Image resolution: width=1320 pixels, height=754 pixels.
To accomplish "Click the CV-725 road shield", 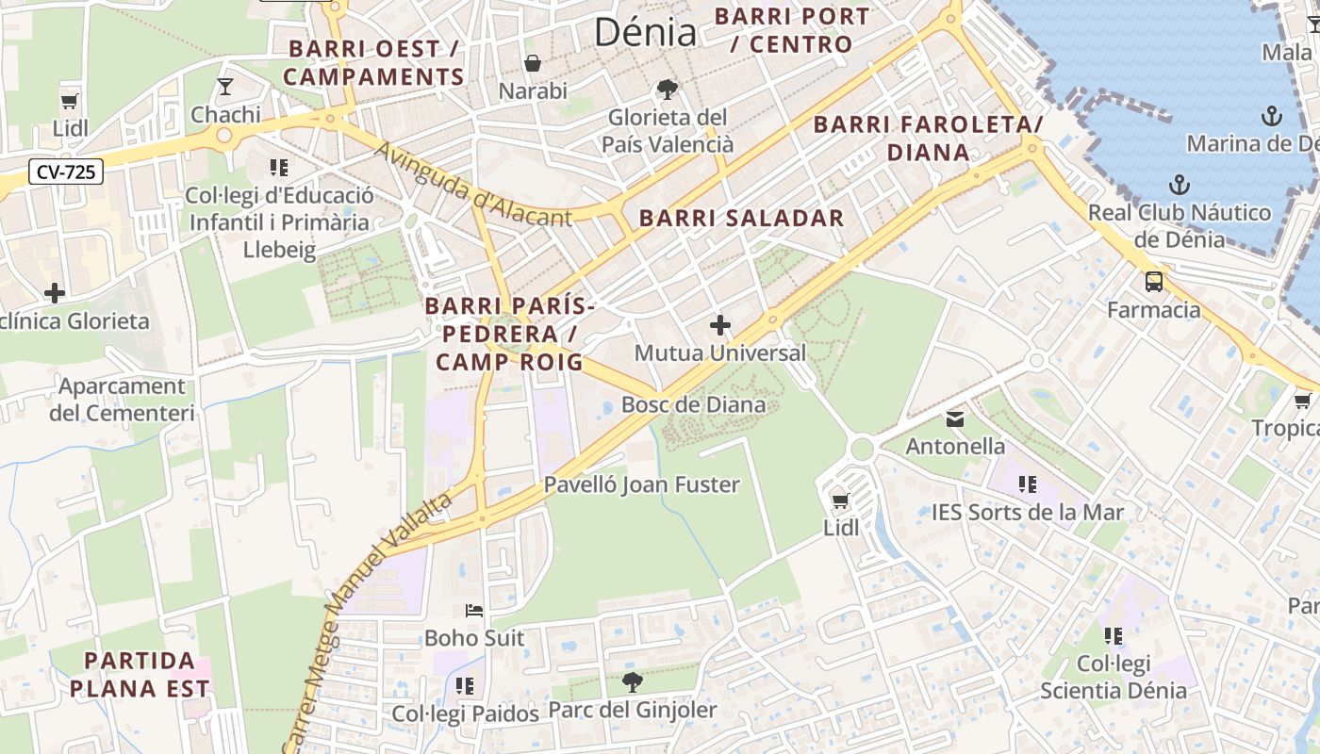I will pos(65,172).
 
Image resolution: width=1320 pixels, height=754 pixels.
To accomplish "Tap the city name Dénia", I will pos(645,32).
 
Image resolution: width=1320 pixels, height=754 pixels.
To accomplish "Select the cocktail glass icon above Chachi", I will pos(224,88).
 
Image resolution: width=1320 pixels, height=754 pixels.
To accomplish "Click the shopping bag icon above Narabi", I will pos(533,63).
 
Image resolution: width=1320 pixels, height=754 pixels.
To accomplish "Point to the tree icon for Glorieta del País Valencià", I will pos(668,90).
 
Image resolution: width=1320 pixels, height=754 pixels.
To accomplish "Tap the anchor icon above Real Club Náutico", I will pos(1179,184).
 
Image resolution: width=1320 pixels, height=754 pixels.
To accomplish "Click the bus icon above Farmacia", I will pos(1153,281).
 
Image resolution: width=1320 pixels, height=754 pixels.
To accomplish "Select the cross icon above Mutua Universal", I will pos(720,325).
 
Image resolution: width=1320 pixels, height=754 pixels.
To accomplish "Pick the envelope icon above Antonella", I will pos(955,418).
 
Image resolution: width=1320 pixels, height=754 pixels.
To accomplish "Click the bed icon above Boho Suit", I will pos(474,611).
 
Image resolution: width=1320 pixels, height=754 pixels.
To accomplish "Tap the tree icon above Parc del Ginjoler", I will pos(633,681).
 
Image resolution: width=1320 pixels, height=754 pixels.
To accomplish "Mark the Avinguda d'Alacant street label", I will pos(473,185).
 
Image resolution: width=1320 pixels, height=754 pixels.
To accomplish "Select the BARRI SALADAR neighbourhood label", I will pos(741,219).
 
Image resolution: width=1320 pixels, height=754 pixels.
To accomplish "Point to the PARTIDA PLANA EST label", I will pos(140,674).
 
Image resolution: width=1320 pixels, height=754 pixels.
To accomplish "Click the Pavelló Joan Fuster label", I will pos(641,484).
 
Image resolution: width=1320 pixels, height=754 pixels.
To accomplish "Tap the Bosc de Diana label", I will pos(693,405).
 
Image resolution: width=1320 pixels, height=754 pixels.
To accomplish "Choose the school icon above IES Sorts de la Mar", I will pos(1027,484).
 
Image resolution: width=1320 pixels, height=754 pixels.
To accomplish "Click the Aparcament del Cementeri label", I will pos(122,400).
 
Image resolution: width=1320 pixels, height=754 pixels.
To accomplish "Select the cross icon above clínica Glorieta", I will pos(55,292).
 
